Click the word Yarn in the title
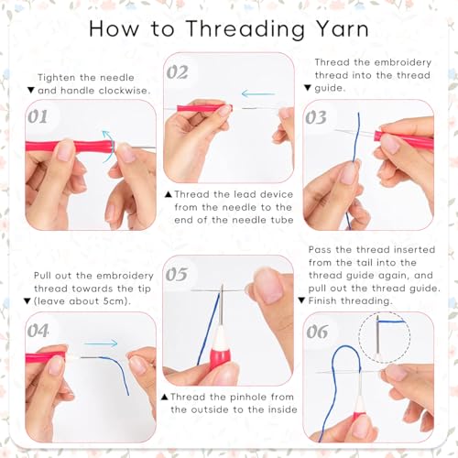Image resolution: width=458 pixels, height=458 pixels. [342, 29]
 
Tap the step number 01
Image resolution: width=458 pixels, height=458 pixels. [38, 116]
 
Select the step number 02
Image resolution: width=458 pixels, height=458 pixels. [177, 72]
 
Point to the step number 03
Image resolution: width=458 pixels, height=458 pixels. [316, 117]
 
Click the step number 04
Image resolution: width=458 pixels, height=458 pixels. [38, 331]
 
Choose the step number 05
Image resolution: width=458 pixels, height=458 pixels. [177, 274]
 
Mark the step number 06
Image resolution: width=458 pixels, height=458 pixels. [317, 332]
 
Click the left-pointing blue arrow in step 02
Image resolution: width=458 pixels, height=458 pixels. [258, 93]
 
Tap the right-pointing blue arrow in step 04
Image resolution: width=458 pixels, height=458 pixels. [101, 343]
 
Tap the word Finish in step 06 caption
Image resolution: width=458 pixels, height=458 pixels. [322, 300]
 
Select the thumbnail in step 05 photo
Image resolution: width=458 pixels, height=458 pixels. [268, 287]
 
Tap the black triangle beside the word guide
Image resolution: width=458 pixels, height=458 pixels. [308, 88]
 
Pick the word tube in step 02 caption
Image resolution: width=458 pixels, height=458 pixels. [282, 220]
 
